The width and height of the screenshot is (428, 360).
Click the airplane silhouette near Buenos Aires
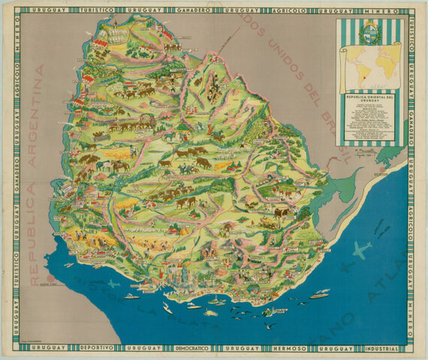114,283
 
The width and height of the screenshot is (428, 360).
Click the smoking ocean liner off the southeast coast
318,294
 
